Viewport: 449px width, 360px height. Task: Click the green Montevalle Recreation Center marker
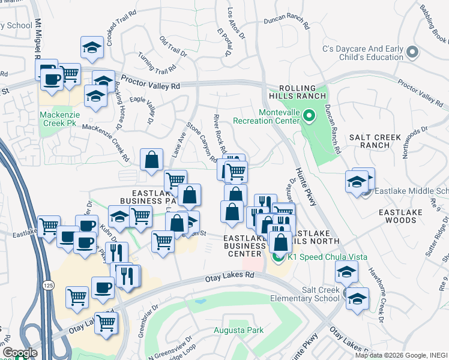pos(309,114)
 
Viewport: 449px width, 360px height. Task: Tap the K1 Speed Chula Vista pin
pos(277,257)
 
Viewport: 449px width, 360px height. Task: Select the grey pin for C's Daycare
pos(412,53)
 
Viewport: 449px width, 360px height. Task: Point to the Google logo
pos(20,353)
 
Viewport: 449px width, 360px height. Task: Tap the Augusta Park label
pos(235,330)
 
